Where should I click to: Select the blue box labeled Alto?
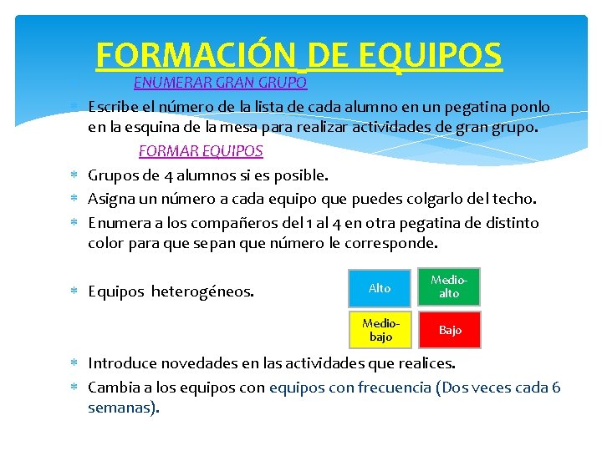pyautogui.click(x=380, y=288)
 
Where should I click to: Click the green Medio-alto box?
pyautogui.click(x=450, y=287)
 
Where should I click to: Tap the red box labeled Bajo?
pyautogui.click(x=450, y=330)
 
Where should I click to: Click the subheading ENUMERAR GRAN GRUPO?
pyautogui.click(x=221, y=84)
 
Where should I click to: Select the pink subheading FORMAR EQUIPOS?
pyautogui.click(x=201, y=151)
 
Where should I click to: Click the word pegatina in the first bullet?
pyautogui.click(x=470, y=107)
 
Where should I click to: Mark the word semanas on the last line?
pyautogui.click(x=122, y=408)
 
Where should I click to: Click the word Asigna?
pyautogui.click(x=113, y=199)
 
